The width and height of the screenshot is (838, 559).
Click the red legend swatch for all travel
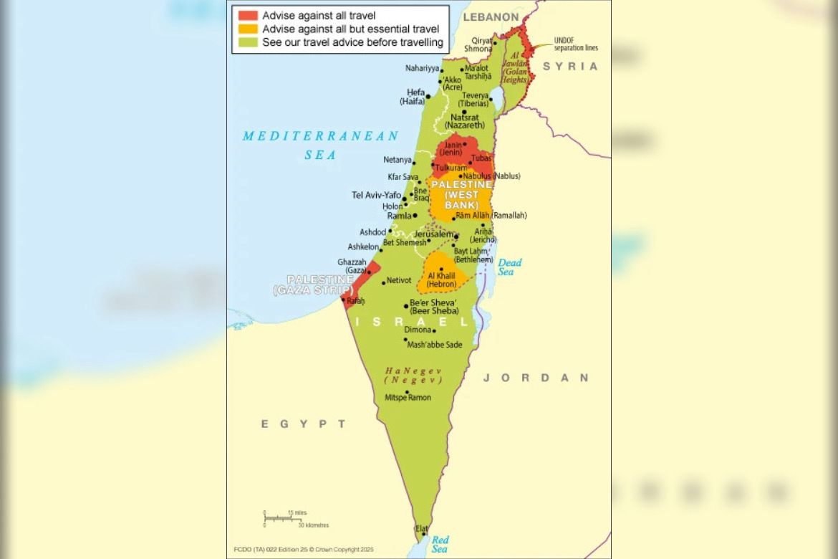click(248, 15)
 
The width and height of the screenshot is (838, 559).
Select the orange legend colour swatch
click(248, 29)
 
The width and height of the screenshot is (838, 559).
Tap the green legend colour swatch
click(248, 43)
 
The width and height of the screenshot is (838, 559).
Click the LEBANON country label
click(491, 16)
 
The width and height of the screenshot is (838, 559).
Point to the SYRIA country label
click(570, 66)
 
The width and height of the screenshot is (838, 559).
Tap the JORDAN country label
click(536, 378)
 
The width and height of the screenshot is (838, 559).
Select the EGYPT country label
click(303, 424)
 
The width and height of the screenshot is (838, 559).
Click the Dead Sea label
click(509, 267)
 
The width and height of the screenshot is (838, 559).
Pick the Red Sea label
click(440, 544)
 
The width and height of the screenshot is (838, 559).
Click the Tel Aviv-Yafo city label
click(376, 195)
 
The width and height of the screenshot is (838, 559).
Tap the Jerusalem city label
click(434, 234)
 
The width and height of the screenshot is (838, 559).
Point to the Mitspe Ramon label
click(408, 397)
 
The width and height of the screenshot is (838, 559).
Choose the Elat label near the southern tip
click(422, 528)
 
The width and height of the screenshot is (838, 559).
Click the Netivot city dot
click(384, 282)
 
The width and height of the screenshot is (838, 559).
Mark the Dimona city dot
click(434, 330)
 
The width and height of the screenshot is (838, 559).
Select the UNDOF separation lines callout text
click(576, 44)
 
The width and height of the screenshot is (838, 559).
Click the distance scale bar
click(285, 517)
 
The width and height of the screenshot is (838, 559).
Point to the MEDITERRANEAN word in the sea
click(320, 136)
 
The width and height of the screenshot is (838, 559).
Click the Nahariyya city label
click(422, 68)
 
